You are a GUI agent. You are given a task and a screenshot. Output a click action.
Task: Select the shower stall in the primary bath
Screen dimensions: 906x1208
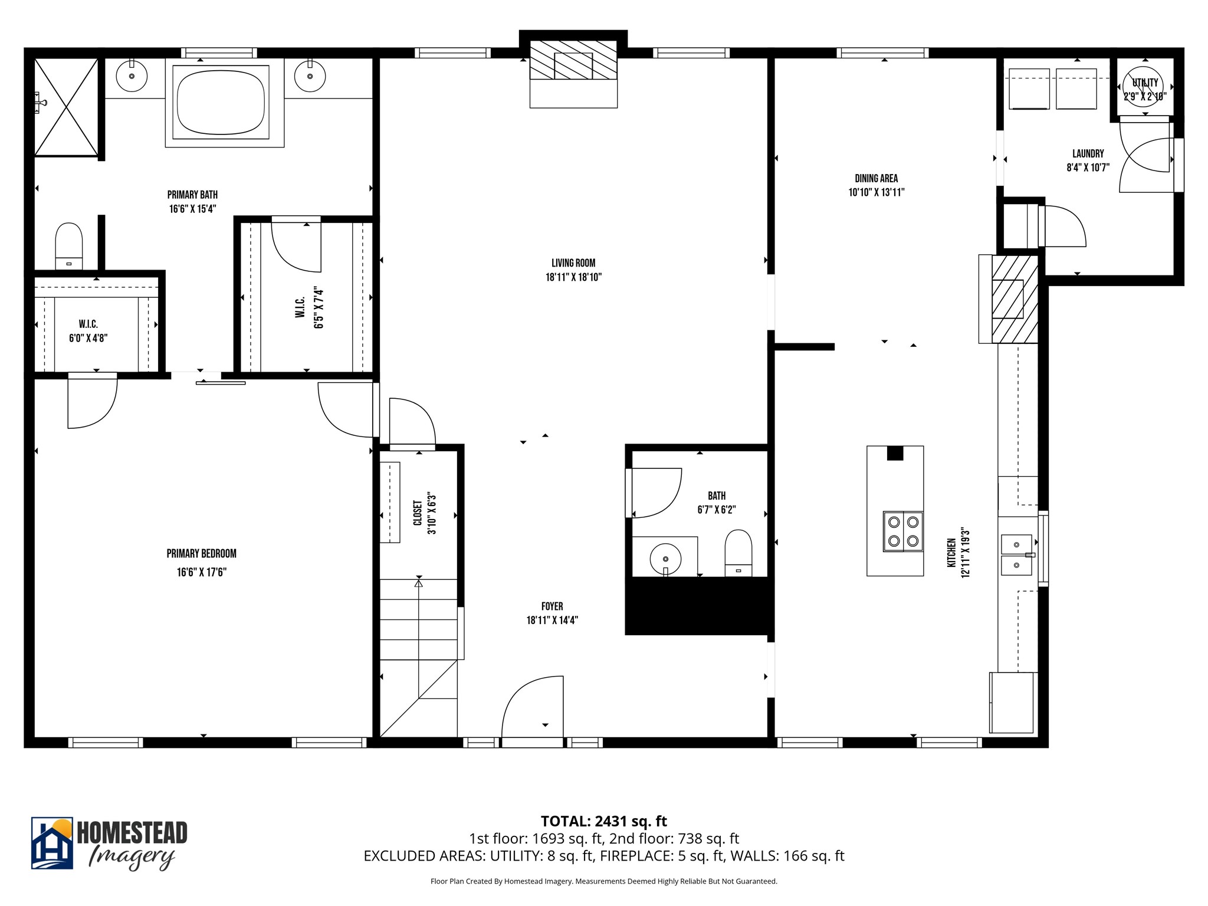[65, 107]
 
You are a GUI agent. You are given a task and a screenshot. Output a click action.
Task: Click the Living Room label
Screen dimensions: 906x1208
[573, 263]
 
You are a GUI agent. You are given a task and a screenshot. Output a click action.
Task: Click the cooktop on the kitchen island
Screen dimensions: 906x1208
[902, 531]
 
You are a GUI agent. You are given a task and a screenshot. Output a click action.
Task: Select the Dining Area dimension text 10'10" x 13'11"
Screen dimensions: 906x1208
[876, 192]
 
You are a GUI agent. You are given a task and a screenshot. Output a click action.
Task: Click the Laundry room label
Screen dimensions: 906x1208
[1088, 153]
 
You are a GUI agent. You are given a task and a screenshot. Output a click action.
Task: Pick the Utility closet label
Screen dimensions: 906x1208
[1145, 83]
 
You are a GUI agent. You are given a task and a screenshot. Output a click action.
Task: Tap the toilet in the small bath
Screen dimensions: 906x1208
[738, 552]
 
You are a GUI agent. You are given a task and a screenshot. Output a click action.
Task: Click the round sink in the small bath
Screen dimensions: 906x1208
[665, 558]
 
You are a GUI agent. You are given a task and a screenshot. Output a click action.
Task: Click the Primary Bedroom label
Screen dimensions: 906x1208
[201, 553]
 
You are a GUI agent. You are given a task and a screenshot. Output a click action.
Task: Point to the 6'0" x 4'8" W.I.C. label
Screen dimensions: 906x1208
[88, 331]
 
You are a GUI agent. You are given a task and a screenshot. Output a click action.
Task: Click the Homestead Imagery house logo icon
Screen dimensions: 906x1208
[52, 843]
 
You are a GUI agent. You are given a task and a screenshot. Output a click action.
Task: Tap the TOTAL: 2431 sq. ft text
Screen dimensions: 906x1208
[603, 821]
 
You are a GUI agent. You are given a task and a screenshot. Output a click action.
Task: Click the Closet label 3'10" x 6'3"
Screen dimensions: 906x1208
[425, 513]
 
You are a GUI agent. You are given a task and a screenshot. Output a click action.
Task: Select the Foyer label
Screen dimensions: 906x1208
[552, 606]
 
